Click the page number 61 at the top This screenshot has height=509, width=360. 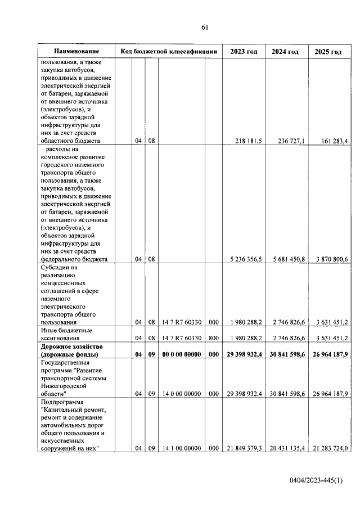click(205, 27)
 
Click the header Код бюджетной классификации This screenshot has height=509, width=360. click(169, 52)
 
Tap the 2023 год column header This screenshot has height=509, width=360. click(244, 52)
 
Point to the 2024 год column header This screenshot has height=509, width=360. click(285, 52)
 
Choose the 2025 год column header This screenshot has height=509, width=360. click(328, 52)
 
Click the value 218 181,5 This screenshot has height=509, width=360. click(246, 141)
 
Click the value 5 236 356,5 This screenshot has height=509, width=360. click(246, 259)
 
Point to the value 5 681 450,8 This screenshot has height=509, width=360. click(287, 259)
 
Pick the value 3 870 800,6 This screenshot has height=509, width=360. click(330, 259)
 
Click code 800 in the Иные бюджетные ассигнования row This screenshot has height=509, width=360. click(213, 338)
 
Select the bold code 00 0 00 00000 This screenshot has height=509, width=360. click(181, 355)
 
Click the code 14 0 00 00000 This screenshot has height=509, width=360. click(181, 394)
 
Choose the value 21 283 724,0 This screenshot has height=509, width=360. click(328, 448)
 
